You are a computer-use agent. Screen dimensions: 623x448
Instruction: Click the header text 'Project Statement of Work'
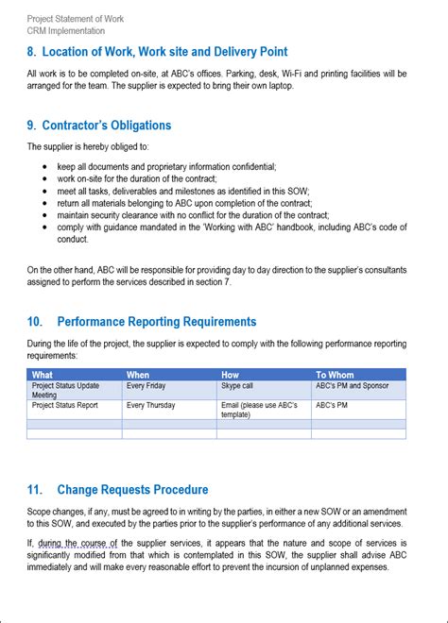76,19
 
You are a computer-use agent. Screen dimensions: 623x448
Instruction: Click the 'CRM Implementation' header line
66,31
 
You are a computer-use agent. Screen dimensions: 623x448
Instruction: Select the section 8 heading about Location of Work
157,52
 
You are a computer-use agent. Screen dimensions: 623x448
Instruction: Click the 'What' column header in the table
43,375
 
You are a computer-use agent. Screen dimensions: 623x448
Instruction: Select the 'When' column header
138,375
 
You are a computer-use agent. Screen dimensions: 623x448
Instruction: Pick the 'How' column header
231,375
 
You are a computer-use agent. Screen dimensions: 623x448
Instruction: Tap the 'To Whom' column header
334,375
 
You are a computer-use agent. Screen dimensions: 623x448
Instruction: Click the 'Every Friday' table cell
147,386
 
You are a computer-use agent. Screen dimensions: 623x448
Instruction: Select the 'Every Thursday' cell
150,405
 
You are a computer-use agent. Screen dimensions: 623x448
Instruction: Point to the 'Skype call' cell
237,386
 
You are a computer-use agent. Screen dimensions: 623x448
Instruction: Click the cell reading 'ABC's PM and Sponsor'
352,386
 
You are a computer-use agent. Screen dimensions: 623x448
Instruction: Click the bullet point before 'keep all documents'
46,167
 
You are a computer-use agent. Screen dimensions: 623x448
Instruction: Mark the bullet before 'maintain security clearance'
46,215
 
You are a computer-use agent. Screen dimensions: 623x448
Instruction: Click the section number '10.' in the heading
35,322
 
